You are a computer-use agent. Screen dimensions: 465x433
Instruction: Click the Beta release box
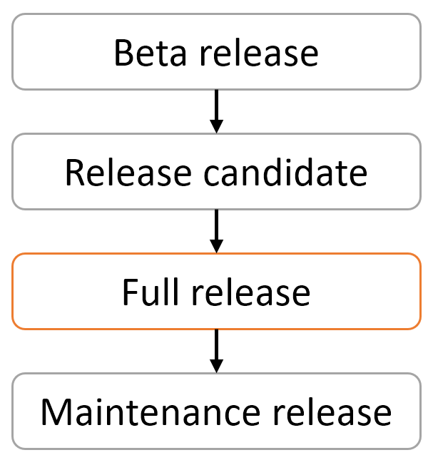(216, 52)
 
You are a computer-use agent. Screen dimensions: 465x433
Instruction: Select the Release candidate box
(216, 172)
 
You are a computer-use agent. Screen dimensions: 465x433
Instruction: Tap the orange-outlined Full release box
(216, 292)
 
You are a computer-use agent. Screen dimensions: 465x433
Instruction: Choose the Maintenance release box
(216, 412)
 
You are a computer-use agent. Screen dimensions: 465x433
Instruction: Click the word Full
(146, 293)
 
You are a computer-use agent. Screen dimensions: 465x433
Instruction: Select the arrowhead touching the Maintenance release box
(216, 365)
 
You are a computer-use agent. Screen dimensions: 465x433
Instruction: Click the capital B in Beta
(123, 53)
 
